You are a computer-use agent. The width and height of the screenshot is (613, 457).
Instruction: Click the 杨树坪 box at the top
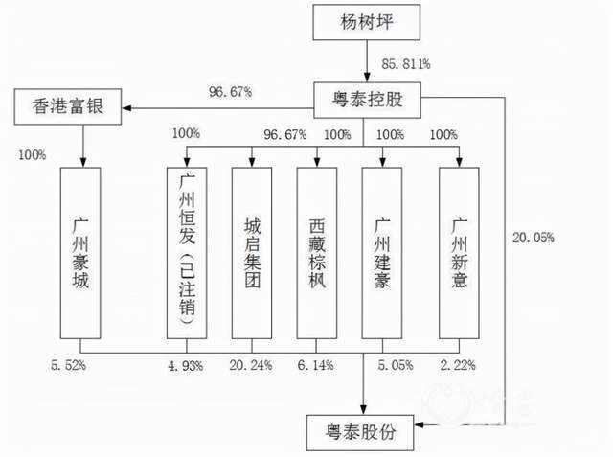coord(366,22)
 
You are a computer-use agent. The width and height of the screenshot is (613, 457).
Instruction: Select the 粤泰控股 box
coord(367,100)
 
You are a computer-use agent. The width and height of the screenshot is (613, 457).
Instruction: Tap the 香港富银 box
coord(68,106)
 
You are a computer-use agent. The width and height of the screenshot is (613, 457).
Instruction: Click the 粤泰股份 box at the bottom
coord(360,433)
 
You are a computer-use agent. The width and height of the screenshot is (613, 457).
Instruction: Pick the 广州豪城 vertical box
coord(80,253)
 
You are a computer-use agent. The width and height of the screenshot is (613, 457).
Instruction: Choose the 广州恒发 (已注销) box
coord(187,253)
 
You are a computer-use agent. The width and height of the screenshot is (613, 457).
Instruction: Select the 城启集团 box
coord(252,253)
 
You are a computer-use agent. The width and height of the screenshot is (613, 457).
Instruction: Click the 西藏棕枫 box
coord(317,253)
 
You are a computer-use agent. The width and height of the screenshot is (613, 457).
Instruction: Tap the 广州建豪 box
coord(382,253)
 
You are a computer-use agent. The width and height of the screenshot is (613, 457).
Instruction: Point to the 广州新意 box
coord(459,253)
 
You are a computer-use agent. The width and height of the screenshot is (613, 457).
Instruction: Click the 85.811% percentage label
coord(406,64)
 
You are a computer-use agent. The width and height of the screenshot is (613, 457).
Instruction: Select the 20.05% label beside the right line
coord(534,238)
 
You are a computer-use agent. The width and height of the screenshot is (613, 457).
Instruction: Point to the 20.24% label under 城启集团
coord(251,365)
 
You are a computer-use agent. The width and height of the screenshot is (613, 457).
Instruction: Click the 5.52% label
coord(68,365)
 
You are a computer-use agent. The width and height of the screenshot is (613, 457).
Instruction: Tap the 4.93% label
coord(186,366)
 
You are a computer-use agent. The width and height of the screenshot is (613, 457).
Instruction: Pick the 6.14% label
coord(315,365)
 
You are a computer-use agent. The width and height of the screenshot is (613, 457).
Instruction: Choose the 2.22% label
coord(458,365)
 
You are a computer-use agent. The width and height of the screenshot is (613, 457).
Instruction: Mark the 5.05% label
coord(396,365)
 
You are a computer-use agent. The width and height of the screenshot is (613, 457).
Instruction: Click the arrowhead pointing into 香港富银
coord(126,108)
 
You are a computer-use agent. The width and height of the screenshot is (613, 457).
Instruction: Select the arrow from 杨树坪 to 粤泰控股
coord(367,61)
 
